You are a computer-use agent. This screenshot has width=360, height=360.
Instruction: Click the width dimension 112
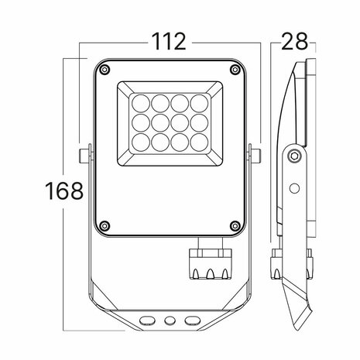(169, 42)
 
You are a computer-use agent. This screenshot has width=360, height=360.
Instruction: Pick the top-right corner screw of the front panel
(233, 71)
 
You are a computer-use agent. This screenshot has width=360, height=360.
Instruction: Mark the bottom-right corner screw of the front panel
(233, 226)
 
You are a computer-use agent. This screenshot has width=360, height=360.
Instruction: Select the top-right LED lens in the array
(198, 101)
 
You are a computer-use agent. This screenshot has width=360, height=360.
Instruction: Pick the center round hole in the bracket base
(169, 319)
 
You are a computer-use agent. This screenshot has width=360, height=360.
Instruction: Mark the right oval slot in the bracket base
(190, 319)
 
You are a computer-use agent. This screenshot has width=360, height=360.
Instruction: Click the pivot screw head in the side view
(293, 157)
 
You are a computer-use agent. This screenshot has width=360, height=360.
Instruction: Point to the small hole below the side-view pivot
(293, 187)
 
